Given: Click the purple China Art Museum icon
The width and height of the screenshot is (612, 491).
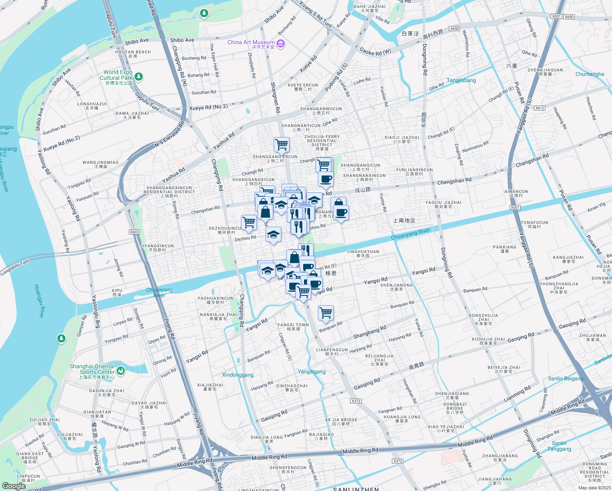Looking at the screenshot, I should [x=280, y=43].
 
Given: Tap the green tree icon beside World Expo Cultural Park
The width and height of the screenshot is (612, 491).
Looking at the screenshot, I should [x=139, y=77].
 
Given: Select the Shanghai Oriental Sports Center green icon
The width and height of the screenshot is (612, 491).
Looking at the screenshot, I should [x=120, y=371].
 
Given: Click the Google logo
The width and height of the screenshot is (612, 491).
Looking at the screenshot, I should [x=13, y=486].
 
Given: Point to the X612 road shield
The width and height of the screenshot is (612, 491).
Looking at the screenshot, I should [x=540, y=108].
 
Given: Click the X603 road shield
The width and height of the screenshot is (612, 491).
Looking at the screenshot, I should [x=134, y=232].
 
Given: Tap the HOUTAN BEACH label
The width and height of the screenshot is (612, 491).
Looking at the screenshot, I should [x=133, y=54].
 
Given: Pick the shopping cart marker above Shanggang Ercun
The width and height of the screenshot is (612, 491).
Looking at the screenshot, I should [x=281, y=144].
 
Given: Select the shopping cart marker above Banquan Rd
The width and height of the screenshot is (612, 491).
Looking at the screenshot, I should [x=326, y=313].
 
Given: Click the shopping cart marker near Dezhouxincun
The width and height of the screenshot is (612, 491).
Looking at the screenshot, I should [x=249, y=222].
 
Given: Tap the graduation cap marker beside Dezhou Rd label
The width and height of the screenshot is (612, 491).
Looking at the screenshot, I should [x=273, y=234].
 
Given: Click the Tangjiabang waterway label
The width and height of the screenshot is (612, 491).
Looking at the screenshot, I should [x=461, y=80].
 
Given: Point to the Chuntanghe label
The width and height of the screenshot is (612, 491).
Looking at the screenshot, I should [x=589, y=74].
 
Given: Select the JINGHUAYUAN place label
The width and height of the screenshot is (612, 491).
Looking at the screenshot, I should [x=363, y=253].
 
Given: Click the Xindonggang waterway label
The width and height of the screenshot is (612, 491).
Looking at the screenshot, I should [x=238, y=375].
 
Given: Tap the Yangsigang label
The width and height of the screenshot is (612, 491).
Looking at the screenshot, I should [x=312, y=372].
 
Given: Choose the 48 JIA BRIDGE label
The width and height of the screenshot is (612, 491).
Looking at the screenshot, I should [x=341, y=422].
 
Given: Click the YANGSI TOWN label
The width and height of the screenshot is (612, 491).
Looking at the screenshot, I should [x=293, y=327].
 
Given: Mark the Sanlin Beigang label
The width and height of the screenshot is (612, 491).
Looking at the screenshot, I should [x=565, y=378].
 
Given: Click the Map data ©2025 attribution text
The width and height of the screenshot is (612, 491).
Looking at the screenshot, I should [x=594, y=487].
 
